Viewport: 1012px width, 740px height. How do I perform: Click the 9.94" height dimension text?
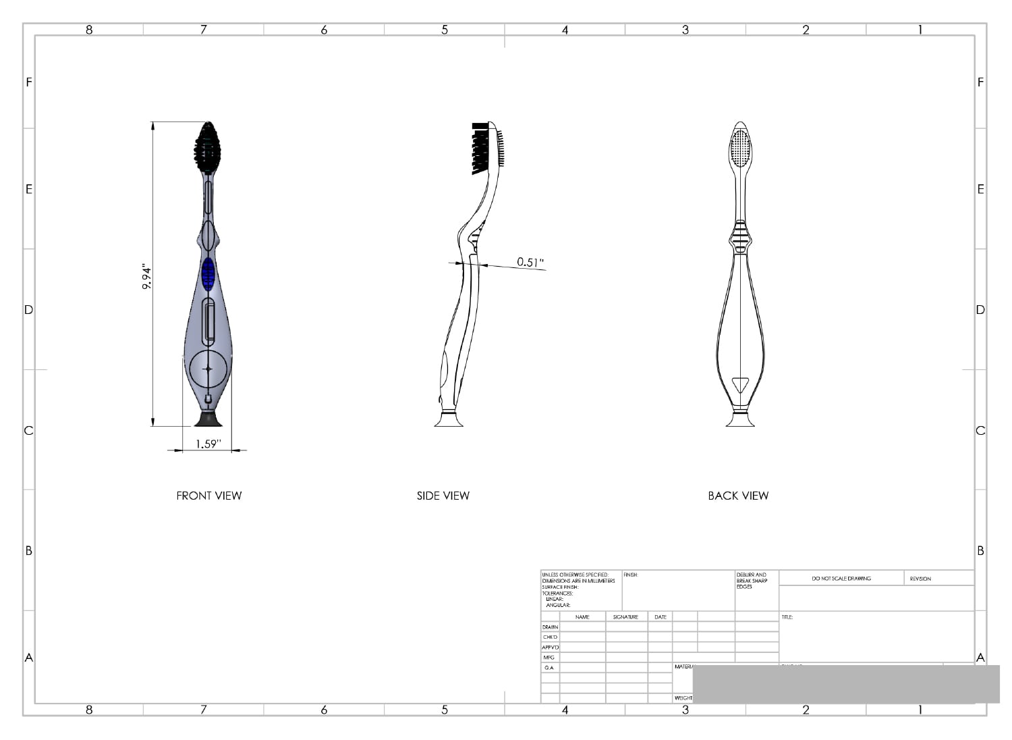(147, 277)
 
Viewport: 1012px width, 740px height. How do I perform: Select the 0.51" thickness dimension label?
(530, 262)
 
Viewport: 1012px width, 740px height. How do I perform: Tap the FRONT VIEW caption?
(208, 496)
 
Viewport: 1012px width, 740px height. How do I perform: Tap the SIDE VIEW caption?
(443, 496)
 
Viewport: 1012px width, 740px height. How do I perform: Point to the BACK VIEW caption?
(738, 496)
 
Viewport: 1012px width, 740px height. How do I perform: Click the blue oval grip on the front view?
(208, 273)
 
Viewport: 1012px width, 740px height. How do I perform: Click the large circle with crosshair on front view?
(208, 369)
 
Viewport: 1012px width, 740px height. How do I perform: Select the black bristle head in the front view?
(208, 147)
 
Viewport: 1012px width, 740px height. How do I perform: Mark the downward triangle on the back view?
(740, 385)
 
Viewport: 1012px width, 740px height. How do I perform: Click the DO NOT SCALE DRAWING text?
(841, 579)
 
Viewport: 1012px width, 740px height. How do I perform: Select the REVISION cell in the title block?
(920, 579)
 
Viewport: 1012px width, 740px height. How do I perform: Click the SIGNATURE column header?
(625, 617)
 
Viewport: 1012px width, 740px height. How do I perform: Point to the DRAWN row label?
(550, 627)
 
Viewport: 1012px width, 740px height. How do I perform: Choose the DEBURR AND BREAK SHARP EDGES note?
(752, 581)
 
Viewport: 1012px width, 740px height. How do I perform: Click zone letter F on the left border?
(29, 82)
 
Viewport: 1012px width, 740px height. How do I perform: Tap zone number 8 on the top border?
(89, 30)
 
